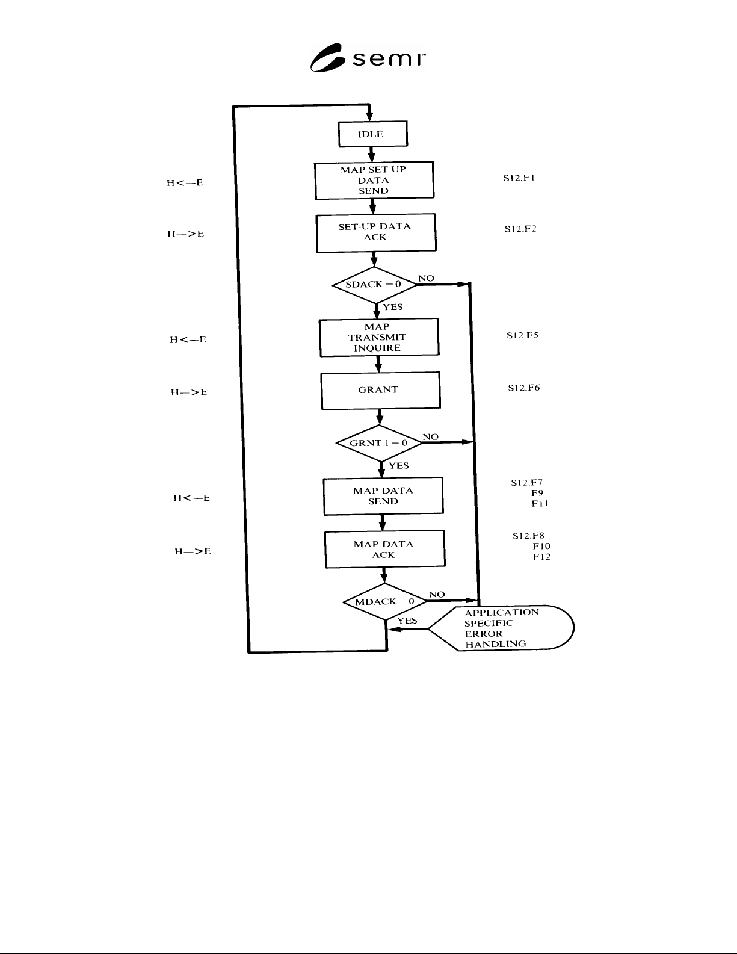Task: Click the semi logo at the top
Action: click(x=368, y=58)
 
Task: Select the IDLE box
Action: click(x=373, y=134)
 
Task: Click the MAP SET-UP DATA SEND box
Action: click(x=374, y=180)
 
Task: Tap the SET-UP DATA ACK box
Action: click(x=376, y=233)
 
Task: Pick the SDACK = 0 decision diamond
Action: click(x=374, y=285)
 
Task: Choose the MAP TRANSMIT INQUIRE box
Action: click(x=379, y=337)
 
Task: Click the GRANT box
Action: click(x=381, y=391)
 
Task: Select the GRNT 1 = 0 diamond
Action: click(x=379, y=443)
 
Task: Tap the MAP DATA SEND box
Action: click(x=383, y=496)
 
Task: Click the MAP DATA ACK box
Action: click(x=384, y=549)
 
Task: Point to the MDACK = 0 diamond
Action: click(x=385, y=601)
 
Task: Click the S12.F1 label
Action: click(x=519, y=178)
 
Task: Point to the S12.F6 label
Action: click(x=524, y=388)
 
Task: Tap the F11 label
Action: click(x=540, y=504)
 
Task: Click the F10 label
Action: click(x=541, y=546)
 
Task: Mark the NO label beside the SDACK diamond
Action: click(x=426, y=278)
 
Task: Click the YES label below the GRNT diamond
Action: click(x=399, y=465)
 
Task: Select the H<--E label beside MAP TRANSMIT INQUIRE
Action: click(x=188, y=339)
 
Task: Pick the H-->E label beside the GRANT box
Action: click(x=189, y=392)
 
